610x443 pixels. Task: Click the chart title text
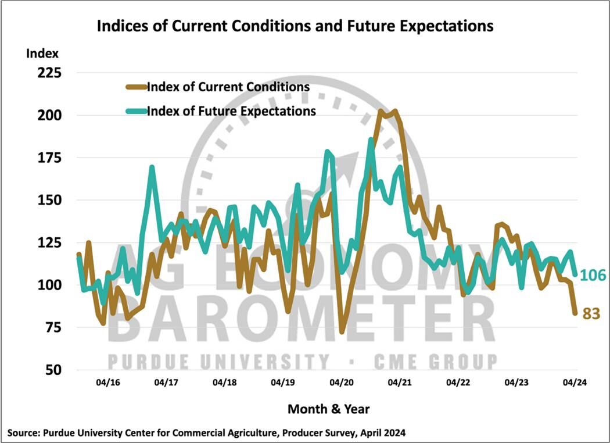coord(295,26)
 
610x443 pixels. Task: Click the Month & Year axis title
coord(328,409)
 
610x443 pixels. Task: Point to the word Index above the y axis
coord(42,54)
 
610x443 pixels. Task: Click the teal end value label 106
coord(594,274)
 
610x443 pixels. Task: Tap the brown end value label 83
coord(590,314)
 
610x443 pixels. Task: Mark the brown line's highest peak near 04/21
coord(395,110)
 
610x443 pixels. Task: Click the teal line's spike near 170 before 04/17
coord(152,167)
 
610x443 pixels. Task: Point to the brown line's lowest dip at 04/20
coord(342,331)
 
